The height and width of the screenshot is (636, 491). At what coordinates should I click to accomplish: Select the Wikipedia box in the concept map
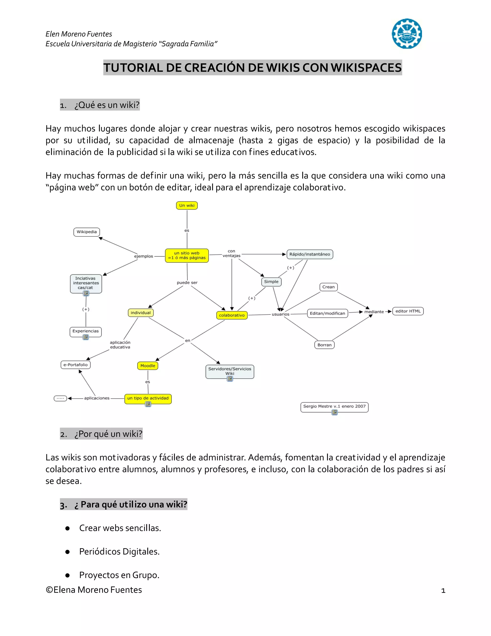click(87, 232)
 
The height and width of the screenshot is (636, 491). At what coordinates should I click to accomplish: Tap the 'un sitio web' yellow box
click(187, 255)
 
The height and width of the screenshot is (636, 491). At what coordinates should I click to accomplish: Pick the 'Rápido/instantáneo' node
click(310, 254)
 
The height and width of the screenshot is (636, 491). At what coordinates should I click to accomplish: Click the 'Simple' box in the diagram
click(271, 282)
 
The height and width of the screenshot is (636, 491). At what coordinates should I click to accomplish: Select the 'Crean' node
click(328, 287)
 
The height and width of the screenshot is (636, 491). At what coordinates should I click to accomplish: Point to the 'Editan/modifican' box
click(327, 313)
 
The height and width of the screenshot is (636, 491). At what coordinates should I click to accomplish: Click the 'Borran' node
click(324, 345)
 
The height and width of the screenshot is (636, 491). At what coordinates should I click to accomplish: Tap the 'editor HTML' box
click(408, 311)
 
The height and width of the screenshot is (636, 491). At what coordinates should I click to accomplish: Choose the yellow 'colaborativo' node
click(232, 315)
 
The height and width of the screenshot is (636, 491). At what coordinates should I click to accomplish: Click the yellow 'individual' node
click(140, 313)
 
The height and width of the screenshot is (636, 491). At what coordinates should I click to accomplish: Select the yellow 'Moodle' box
click(148, 366)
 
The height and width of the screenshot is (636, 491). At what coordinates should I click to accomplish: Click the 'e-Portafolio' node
click(76, 365)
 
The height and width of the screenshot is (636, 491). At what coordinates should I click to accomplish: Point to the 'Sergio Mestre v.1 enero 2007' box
click(334, 406)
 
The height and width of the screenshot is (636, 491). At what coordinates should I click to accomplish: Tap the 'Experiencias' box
click(86, 331)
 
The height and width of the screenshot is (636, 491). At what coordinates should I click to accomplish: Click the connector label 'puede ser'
click(187, 282)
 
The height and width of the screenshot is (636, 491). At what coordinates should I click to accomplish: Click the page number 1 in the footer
click(443, 591)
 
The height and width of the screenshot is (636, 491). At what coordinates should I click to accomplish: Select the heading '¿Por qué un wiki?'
click(108, 434)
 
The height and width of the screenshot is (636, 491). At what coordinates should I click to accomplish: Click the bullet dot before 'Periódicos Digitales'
click(67, 552)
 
